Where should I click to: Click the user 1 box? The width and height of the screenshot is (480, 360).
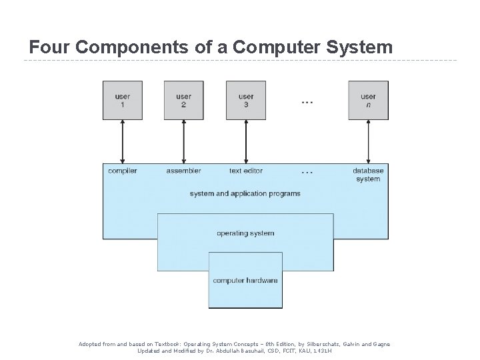122,101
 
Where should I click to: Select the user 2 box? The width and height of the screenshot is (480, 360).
183,101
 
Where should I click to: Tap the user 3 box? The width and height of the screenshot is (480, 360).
245,101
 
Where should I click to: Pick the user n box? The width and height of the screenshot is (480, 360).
368,101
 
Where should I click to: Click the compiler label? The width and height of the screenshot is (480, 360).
122,171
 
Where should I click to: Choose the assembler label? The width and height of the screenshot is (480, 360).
183,171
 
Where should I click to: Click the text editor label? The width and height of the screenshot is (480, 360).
245,171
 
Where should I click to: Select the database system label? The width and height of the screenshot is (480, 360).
368,175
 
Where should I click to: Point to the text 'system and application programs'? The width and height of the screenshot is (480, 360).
245,194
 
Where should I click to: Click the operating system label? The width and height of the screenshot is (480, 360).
245,233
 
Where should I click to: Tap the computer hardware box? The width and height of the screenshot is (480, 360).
245,280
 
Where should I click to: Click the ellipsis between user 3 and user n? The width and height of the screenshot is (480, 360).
307,103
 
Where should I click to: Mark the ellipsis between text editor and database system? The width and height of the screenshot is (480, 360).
307,173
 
